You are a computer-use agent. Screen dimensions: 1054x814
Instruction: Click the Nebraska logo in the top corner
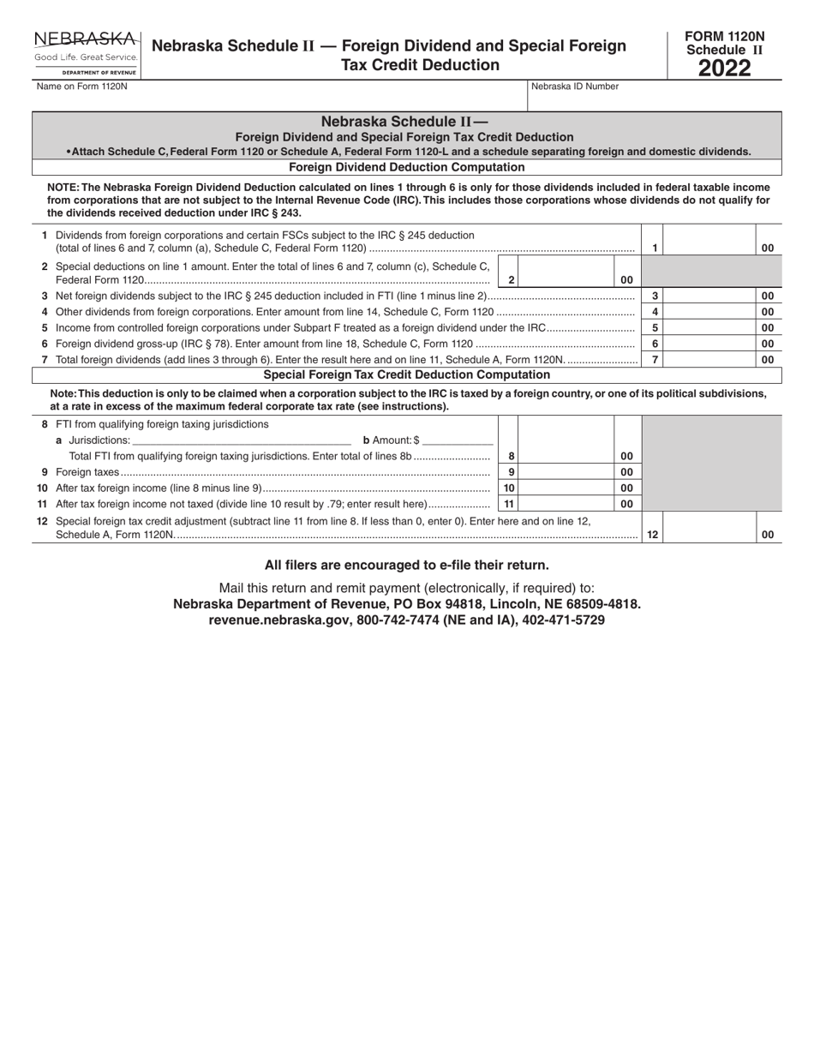click(86, 53)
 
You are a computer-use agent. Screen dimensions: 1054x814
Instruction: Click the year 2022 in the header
click(724, 69)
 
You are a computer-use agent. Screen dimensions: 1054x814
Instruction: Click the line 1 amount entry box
click(709, 241)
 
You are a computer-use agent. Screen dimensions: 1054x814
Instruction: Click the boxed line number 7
click(655, 360)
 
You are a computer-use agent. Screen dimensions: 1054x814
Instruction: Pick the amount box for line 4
click(709, 312)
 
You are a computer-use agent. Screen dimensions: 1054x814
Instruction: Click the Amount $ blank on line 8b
click(457, 440)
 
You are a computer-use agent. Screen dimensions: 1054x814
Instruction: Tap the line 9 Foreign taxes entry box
click(566, 472)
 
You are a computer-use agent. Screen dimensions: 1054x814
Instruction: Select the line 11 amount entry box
click(566, 504)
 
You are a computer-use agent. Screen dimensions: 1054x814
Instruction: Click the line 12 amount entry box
click(709, 528)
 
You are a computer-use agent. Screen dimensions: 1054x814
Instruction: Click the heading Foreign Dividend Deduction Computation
click(407, 167)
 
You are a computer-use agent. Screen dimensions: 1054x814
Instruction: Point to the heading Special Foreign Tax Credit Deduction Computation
click(407, 374)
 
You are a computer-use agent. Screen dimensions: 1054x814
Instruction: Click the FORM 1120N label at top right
click(724, 36)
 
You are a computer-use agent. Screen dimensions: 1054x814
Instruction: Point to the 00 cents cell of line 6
click(768, 344)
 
